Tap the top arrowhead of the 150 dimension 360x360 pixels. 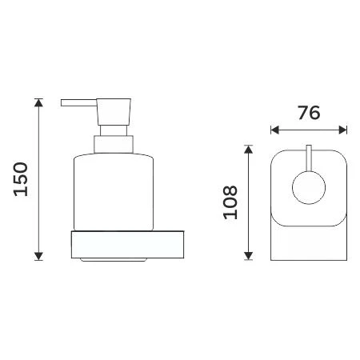(38, 102)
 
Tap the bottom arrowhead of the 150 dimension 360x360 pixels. (38, 256)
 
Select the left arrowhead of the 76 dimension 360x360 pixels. (274, 129)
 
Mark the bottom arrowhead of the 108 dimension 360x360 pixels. (249, 257)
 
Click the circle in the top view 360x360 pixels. (309, 192)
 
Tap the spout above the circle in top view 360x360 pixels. (309, 160)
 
